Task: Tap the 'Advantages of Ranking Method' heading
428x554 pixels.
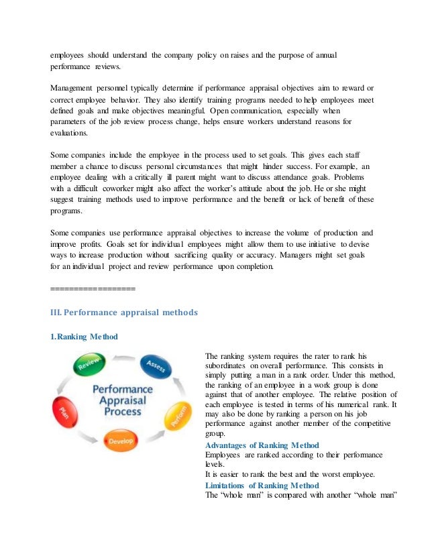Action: click(x=262, y=445)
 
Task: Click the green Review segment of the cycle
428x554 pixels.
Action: click(x=89, y=366)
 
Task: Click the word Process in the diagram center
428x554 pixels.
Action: click(x=122, y=411)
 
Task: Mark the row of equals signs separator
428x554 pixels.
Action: click(x=93, y=289)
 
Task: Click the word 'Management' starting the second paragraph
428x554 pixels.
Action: click(x=74, y=88)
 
